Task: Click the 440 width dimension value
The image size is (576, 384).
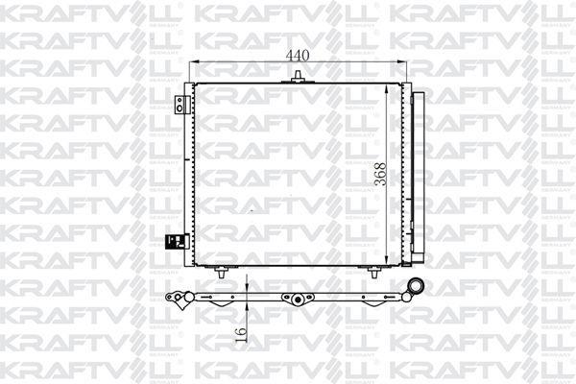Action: (298, 56)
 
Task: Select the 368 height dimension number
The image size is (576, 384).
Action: (381, 174)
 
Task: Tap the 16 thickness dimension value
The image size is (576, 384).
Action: (241, 334)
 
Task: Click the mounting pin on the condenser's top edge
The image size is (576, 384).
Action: (298, 77)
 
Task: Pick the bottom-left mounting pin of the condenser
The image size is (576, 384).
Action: (221, 273)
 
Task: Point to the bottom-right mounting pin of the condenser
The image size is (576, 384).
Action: (374, 273)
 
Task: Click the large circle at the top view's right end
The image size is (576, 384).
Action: (417, 285)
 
